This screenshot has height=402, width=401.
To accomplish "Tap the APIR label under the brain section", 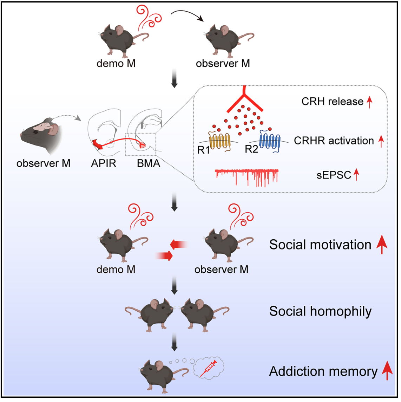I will point(103,163).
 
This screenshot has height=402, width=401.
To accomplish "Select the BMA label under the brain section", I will point(149,163).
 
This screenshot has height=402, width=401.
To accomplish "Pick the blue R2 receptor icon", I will point(270,142).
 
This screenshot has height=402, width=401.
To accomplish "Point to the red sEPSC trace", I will point(247,175).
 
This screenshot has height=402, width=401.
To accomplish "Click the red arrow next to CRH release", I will point(369,102).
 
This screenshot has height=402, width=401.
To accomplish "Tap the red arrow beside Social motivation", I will point(382,245).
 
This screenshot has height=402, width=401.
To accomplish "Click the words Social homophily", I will point(320,311).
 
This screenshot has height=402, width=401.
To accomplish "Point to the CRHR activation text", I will point(334,141).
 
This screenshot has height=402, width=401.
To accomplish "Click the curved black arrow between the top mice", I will point(188,15).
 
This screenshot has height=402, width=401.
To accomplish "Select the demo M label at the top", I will point(116,64).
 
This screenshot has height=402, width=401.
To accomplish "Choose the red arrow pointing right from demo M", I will point(164,256).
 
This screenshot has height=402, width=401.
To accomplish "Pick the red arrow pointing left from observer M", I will point(179,244).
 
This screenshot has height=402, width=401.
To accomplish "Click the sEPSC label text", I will point(334,175).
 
